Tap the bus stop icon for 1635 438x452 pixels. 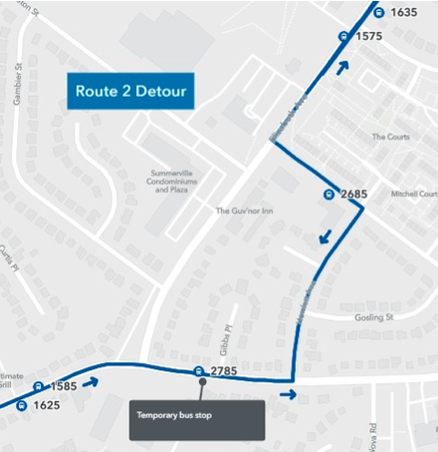(x=379, y=12)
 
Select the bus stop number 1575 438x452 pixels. (x=369, y=36)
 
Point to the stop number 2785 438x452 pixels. (x=224, y=371)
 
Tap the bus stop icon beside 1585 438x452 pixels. (x=39, y=386)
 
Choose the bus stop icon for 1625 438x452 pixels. (x=22, y=405)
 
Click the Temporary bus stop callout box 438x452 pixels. (x=196, y=420)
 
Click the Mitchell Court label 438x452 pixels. (x=414, y=194)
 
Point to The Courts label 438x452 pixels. (x=390, y=136)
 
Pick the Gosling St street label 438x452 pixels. (x=375, y=319)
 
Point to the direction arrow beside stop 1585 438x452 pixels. (x=91, y=381)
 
